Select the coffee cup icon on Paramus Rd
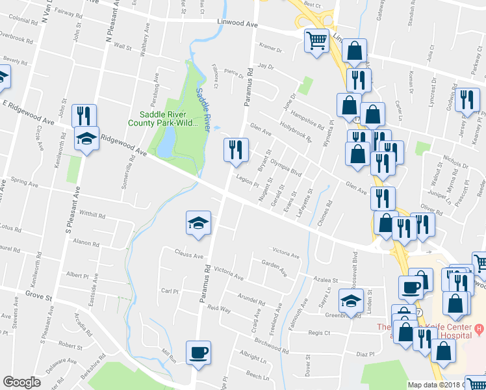pyautogui.click(x=199, y=353)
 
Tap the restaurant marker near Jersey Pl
pyautogui.click(x=467, y=101)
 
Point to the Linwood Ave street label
pyautogui.click(x=237, y=24)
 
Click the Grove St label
pyautogui.click(x=38, y=296)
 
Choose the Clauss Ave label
pyautogui.click(x=188, y=254)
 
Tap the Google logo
pyautogui.click(x=21, y=382)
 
